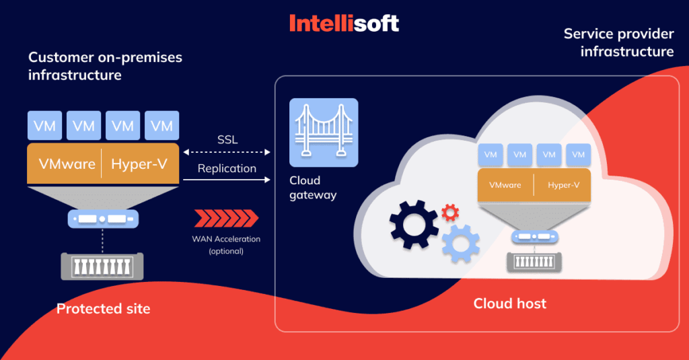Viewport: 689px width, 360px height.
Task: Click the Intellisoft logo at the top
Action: pyautogui.click(x=344, y=24)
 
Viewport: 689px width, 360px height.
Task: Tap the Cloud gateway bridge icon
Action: pyautogui.click(x=323, y=133)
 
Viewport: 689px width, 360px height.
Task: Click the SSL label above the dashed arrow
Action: pyautogui.click(x=227, y=139)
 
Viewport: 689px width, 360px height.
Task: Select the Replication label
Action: pyautogui.click(x=227, y=168)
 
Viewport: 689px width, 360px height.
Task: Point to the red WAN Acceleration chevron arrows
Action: pyautogui.click(x=226, y=218)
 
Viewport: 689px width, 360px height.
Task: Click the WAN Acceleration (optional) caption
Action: pyautogui.click(x=226, y=245)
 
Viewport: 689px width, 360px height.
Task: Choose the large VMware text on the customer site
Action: pyautogui.click(x=67, y=164)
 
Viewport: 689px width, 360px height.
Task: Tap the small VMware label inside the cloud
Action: pyautogui.click(x=505, y=185)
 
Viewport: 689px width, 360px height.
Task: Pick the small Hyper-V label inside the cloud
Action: pyautogui.click(x=563, y=185)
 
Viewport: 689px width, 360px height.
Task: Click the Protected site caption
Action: pyautogui.click(x=103, y=309)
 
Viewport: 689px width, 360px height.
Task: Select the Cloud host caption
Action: pyautogui.click(x=509, y=303)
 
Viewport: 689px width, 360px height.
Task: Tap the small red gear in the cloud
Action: pyautogui.click(x=450, y=213)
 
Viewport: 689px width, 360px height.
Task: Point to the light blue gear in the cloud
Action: pyautogui.click(x=460, y=243)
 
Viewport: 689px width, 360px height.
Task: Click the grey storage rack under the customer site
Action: pyautogui.click(x=103, y=266)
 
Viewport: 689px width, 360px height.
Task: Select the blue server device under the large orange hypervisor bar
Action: pyautogui.click(x=103, y=219)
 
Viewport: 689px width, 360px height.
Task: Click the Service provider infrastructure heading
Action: pyautogui.click(x=618, y=42)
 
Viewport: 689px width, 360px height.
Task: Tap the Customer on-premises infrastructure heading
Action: pyautogui.click(x=105, y=66)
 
